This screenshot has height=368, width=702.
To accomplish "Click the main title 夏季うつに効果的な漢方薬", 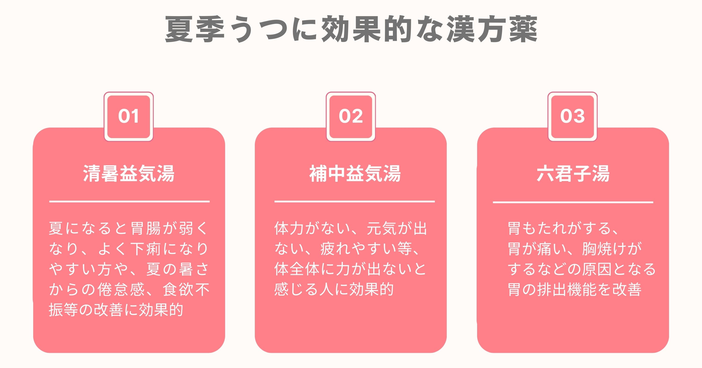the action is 351,29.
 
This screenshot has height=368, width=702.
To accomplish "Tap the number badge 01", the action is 129,117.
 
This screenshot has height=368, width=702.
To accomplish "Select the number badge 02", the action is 351,117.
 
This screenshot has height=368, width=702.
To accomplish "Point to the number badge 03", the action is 573,117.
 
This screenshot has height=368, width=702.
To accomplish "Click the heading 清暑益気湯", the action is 129,173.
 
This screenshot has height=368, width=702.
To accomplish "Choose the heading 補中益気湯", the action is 355,173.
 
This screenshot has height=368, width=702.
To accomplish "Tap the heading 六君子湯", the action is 573,173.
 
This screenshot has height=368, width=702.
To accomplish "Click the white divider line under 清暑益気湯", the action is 129,201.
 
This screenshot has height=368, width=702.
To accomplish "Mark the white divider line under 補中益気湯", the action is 355,201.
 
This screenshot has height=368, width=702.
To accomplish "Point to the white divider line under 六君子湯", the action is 573,202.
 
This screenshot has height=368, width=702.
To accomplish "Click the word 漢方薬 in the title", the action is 492,29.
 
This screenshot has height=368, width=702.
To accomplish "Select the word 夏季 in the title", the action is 195,29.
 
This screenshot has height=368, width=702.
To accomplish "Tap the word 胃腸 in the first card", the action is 146,228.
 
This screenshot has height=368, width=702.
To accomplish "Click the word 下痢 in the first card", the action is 146,249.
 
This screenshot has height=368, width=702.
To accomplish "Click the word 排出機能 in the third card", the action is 567,289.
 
